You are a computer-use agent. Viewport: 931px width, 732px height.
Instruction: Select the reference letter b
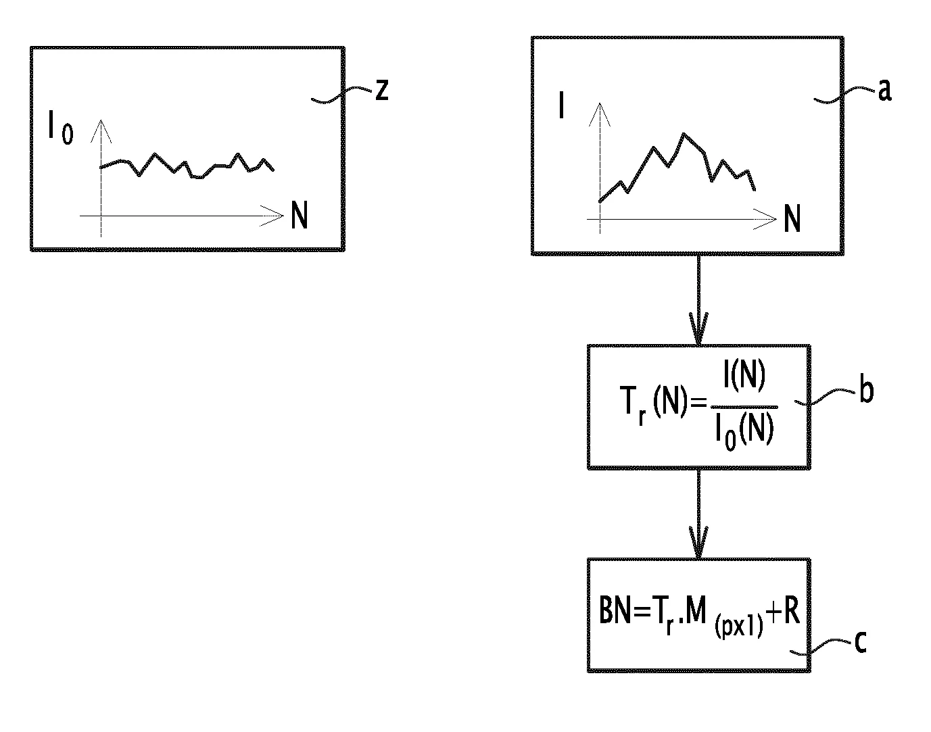point(866,391)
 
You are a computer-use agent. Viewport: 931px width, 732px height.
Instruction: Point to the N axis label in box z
point(300,217)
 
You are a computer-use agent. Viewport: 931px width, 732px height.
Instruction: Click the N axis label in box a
point(792,220)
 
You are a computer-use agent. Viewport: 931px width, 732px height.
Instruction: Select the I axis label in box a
point(561,107)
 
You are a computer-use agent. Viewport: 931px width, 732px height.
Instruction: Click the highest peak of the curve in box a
point(684,134)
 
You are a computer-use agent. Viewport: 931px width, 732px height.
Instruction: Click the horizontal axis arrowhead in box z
point(273,216)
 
